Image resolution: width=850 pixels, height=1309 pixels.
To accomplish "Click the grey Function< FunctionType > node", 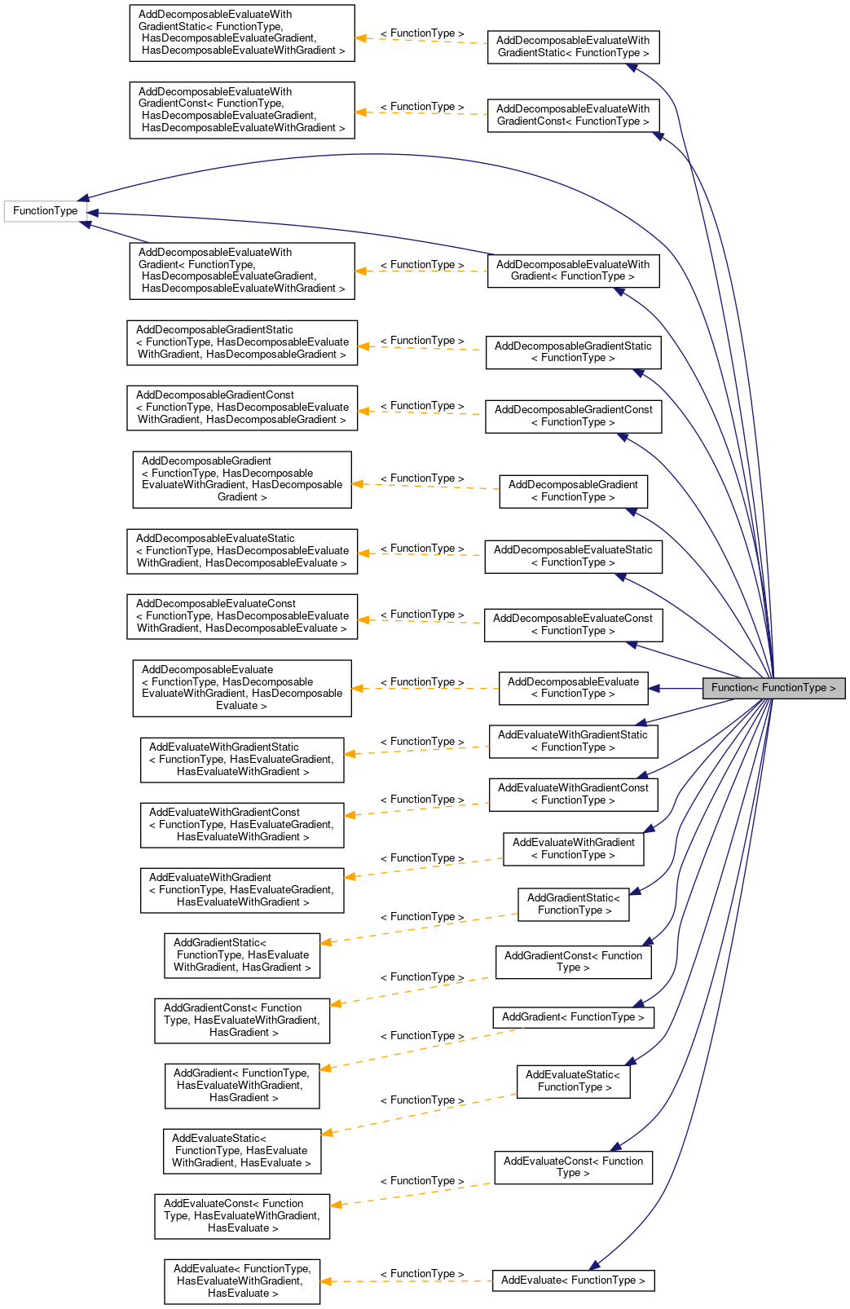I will tap(773, 688).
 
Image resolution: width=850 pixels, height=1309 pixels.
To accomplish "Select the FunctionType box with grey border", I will tap(46, 211).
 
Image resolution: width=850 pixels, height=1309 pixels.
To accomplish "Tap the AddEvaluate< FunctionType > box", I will tap(573, 1280).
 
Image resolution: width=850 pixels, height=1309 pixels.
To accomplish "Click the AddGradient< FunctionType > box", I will tap(573, 1017).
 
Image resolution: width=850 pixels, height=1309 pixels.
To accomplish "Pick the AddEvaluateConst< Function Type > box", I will tap(573, 1167).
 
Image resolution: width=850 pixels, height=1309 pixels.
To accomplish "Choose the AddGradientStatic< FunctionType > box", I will tap(573, 904).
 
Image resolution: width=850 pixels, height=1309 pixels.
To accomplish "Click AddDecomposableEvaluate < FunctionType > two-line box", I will tap(573, 688).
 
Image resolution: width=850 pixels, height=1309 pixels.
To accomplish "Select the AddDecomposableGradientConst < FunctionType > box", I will tap(573, 416).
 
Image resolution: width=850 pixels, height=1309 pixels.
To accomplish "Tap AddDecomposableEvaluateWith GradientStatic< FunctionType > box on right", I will tap(573, 46).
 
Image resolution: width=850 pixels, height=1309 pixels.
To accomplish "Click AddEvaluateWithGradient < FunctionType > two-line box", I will tap(573, 848).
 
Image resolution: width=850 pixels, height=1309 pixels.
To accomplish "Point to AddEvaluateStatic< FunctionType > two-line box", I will tap(573, 1081).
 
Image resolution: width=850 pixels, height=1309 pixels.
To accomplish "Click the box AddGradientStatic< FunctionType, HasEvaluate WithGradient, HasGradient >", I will tap(242, 955).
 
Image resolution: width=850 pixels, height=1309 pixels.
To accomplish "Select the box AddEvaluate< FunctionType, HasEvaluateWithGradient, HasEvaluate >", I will tap(242, 1281).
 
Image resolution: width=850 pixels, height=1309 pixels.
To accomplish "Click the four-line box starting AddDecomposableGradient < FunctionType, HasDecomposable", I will tap(242, 479).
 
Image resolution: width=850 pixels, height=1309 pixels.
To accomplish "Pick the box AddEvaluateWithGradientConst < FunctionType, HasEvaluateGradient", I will tap(242, 825).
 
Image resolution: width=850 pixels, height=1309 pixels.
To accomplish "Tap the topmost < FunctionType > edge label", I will tap(422, 33).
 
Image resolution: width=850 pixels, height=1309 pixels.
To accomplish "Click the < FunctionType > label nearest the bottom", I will tap(422, 1274).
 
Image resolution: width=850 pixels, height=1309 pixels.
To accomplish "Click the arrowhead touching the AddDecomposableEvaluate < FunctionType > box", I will tap(654, 689).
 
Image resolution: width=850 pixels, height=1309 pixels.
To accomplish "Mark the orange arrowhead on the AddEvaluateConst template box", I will tap(336, 1205).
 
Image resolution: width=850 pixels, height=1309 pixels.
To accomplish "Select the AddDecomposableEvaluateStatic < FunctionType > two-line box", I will tap(573, 557).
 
